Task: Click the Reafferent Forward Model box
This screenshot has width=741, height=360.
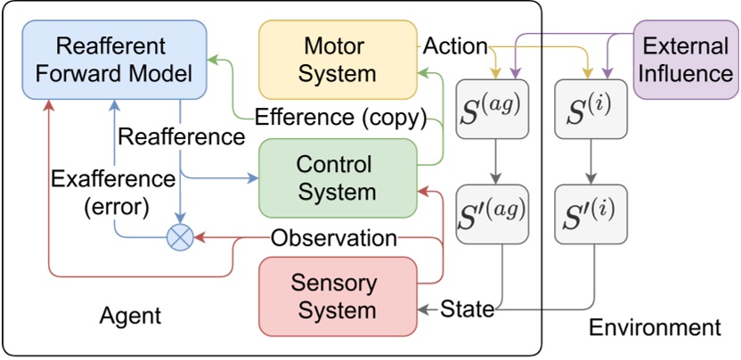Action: tap(113, 59)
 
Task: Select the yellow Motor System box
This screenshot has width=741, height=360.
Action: tap(337, 59)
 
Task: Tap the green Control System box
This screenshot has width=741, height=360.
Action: tap(337, 178)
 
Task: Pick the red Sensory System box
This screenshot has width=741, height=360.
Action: tap(337, 297)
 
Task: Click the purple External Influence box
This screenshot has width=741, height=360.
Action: tap(686, 59)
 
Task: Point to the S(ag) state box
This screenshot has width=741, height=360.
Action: tap(492, 108)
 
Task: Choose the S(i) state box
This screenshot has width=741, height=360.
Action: tap(590, 108)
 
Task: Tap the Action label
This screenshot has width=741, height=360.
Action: tap(455, 45)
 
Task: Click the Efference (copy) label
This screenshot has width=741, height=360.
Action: tap(340, 117)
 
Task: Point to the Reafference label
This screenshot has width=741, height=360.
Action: tap(181, 137)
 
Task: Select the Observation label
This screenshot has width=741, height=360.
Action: tap(333, 238)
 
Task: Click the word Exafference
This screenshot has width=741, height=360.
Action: tap(112, 179)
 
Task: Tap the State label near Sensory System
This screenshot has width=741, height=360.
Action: tap(468, 309)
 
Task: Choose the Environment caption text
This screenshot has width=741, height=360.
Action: tap(655, 327)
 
